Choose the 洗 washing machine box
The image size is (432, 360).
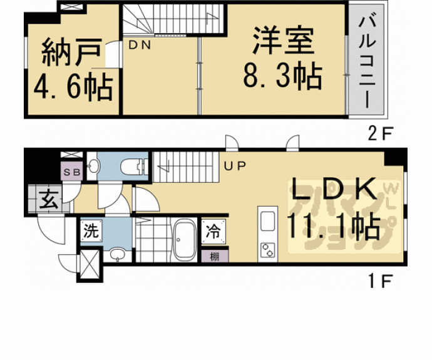click(x=91, y=231)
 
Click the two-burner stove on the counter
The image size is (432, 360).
click(x=267, y=250)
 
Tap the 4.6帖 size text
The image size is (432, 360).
click(x=69, y=88)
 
